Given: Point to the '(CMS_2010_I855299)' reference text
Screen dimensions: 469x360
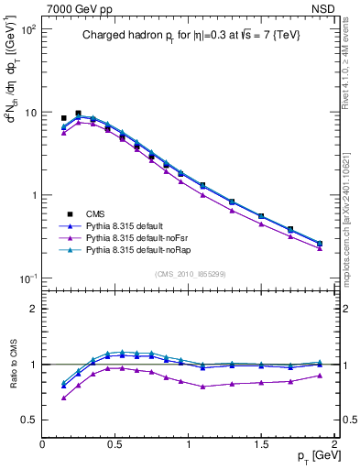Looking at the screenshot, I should click(191, 274).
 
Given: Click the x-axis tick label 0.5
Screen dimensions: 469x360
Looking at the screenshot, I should click(115, 442).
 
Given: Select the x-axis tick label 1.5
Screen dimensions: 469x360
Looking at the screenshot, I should click(261, 442).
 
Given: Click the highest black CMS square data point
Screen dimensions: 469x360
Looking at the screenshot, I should click(78, 114).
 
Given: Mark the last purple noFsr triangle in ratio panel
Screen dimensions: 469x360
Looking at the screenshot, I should click(320, 376).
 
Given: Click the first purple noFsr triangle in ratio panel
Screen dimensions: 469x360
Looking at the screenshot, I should click(63, 398).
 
